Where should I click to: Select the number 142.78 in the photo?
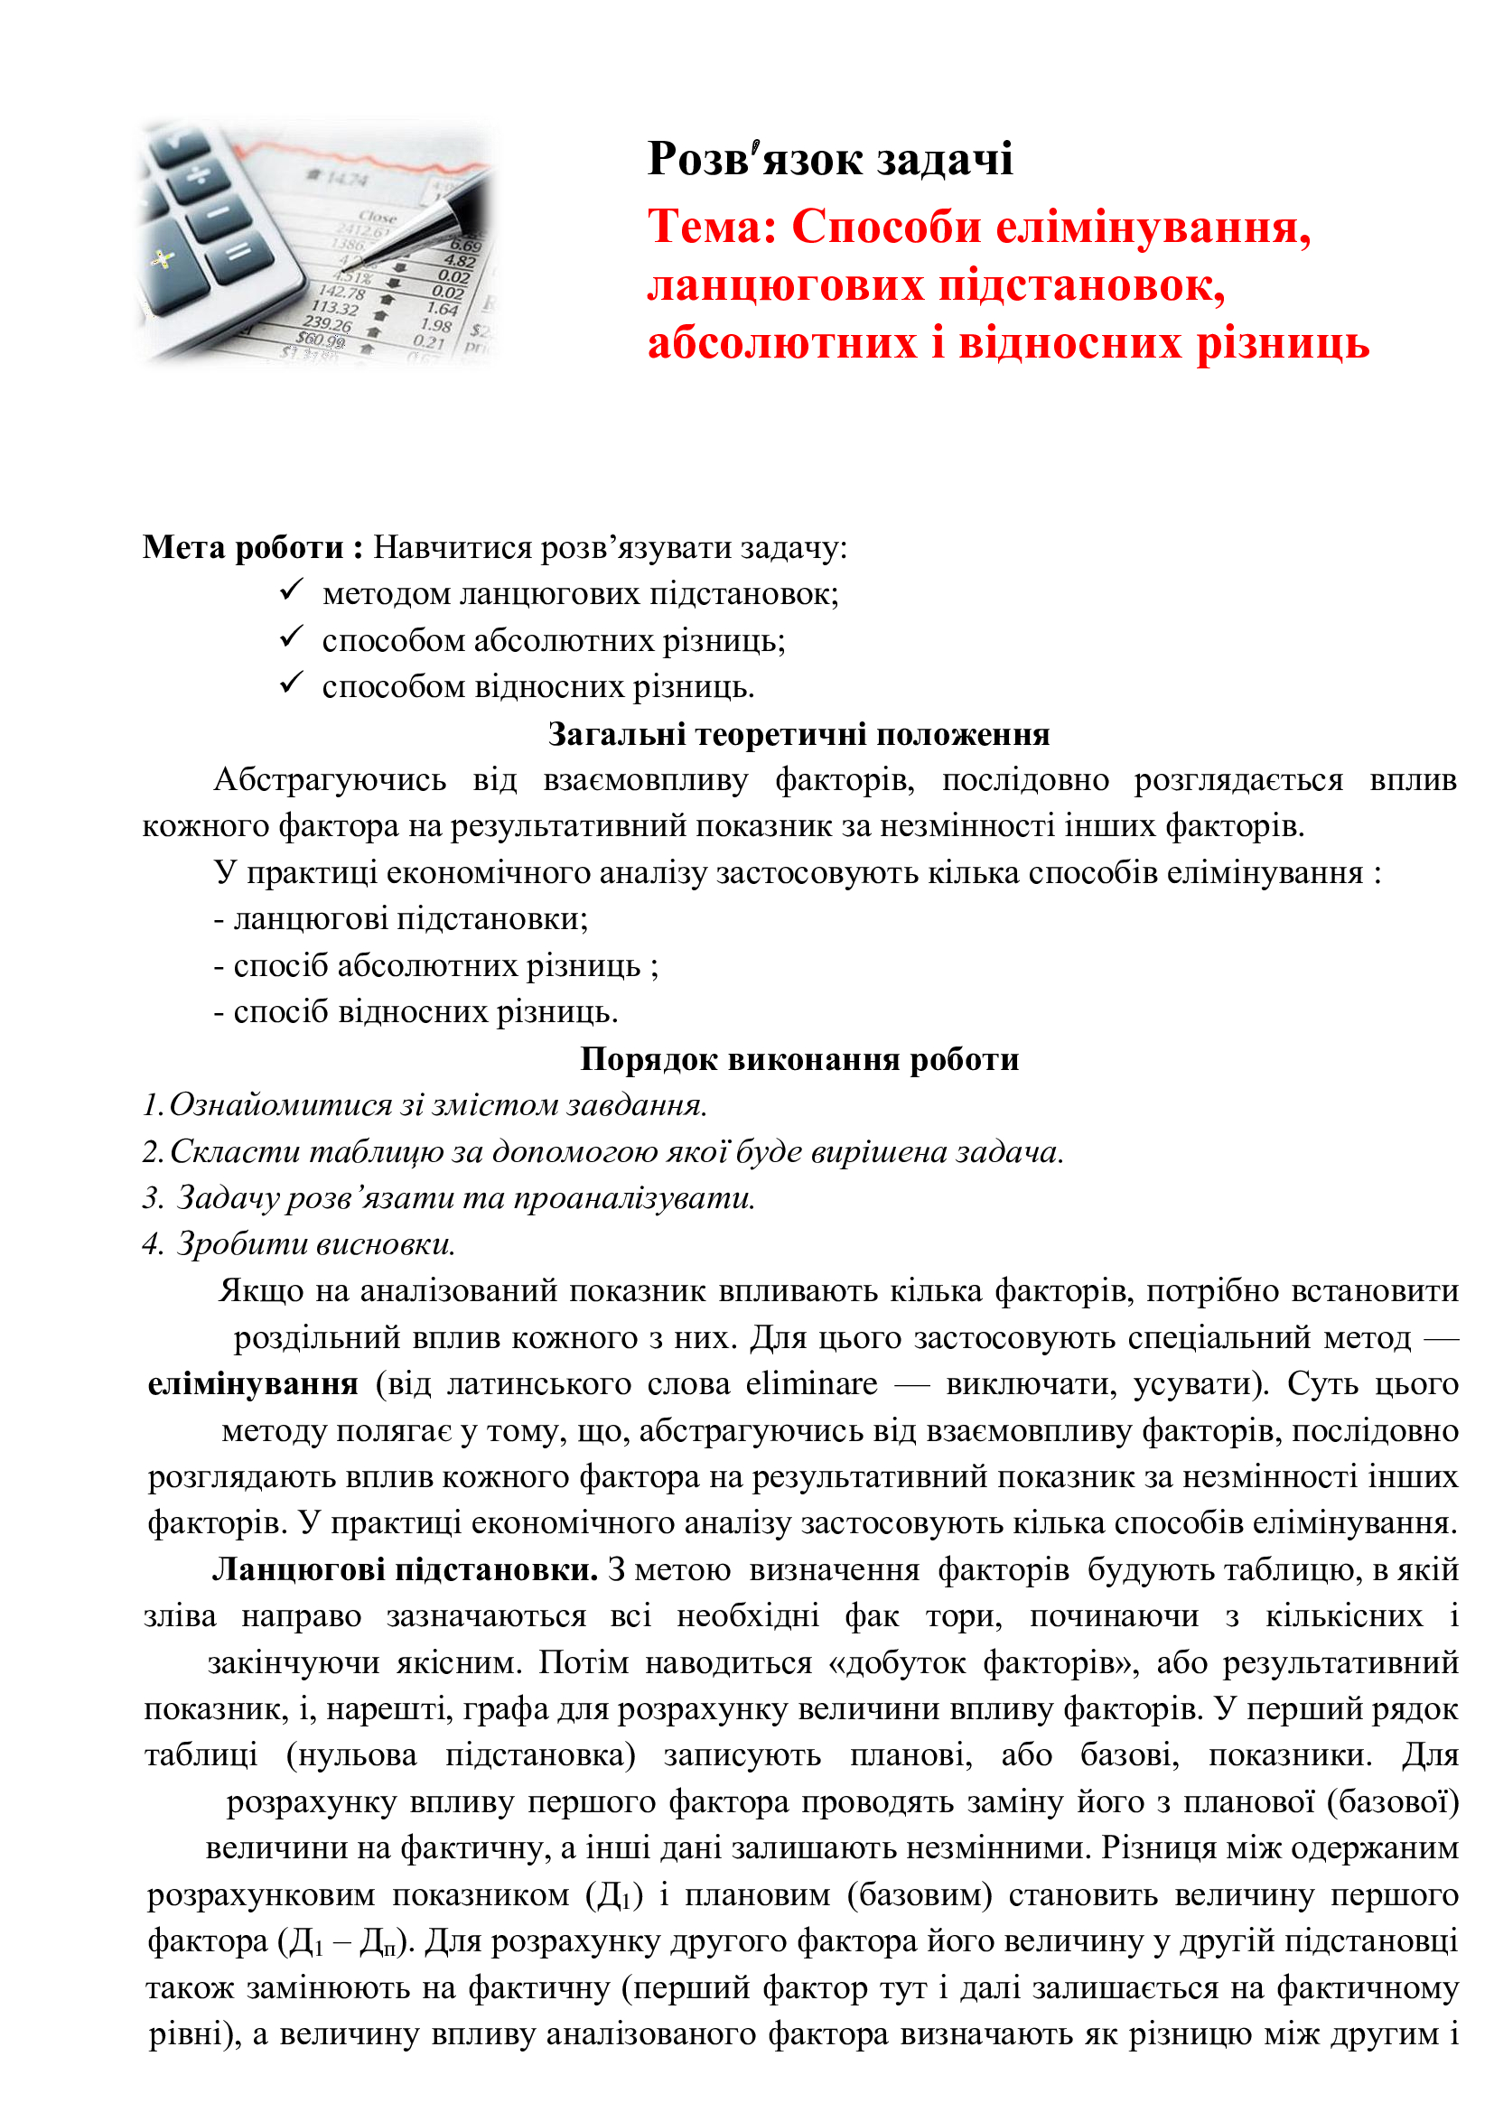pyautogui.click(x=341, y=292)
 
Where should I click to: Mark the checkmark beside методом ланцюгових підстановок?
pyautogui.click(x=292, y=589)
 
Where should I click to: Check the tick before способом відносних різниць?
pyautogui.click(x=292, y=682)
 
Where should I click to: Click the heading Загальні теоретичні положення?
pyautogui.click(x=798, y=734)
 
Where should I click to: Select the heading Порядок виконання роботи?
pyautogui.click(x=798, y=1059)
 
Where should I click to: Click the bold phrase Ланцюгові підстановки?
pyautogui.click(x=405, y=1569)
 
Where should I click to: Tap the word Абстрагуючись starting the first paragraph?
pyautogui.click(x=330, y=780)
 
